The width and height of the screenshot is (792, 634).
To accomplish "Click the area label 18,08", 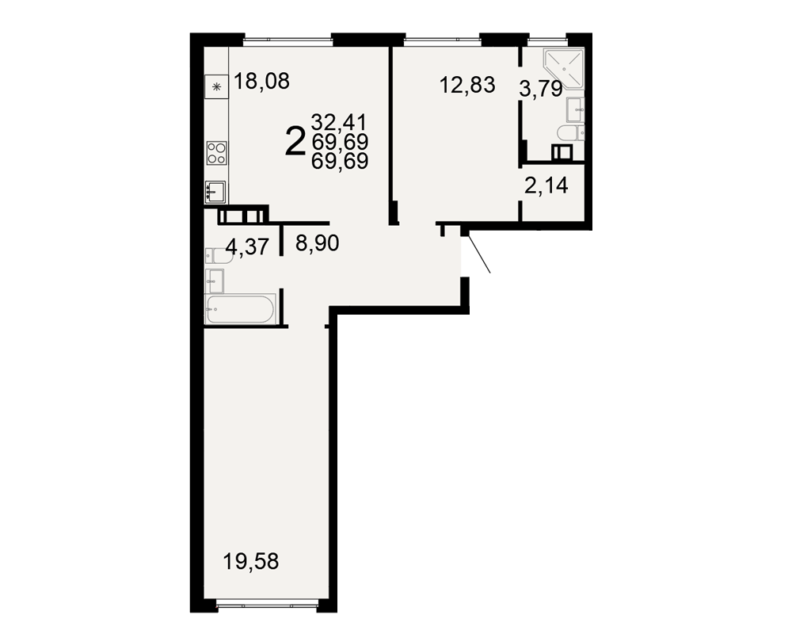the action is click(262, 81).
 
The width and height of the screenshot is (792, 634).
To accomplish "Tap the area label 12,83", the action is click(467, 85).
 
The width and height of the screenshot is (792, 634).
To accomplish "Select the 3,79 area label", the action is click(540, 90).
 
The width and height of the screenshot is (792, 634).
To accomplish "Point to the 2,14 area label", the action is click(546, 186).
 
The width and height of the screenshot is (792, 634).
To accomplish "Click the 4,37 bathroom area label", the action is click(247, 246).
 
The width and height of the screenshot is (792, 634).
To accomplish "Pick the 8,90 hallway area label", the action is click(318, 243).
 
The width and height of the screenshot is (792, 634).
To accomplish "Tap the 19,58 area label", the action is click(251, 561).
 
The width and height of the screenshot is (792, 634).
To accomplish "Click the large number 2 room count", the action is click(295, 142).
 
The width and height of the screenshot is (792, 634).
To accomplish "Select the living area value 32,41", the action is click(340, 122).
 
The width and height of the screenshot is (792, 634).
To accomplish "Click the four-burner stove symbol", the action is click(217, 153).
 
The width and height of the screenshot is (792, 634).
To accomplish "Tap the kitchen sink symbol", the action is click(215, 192).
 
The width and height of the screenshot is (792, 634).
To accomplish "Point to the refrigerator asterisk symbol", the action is click(217, 87).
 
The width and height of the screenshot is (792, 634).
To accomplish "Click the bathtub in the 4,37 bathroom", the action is click(241, 309).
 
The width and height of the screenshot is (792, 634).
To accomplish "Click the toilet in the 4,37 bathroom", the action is click(219, 256).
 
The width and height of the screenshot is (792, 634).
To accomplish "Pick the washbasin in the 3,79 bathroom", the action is click(575, 109).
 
